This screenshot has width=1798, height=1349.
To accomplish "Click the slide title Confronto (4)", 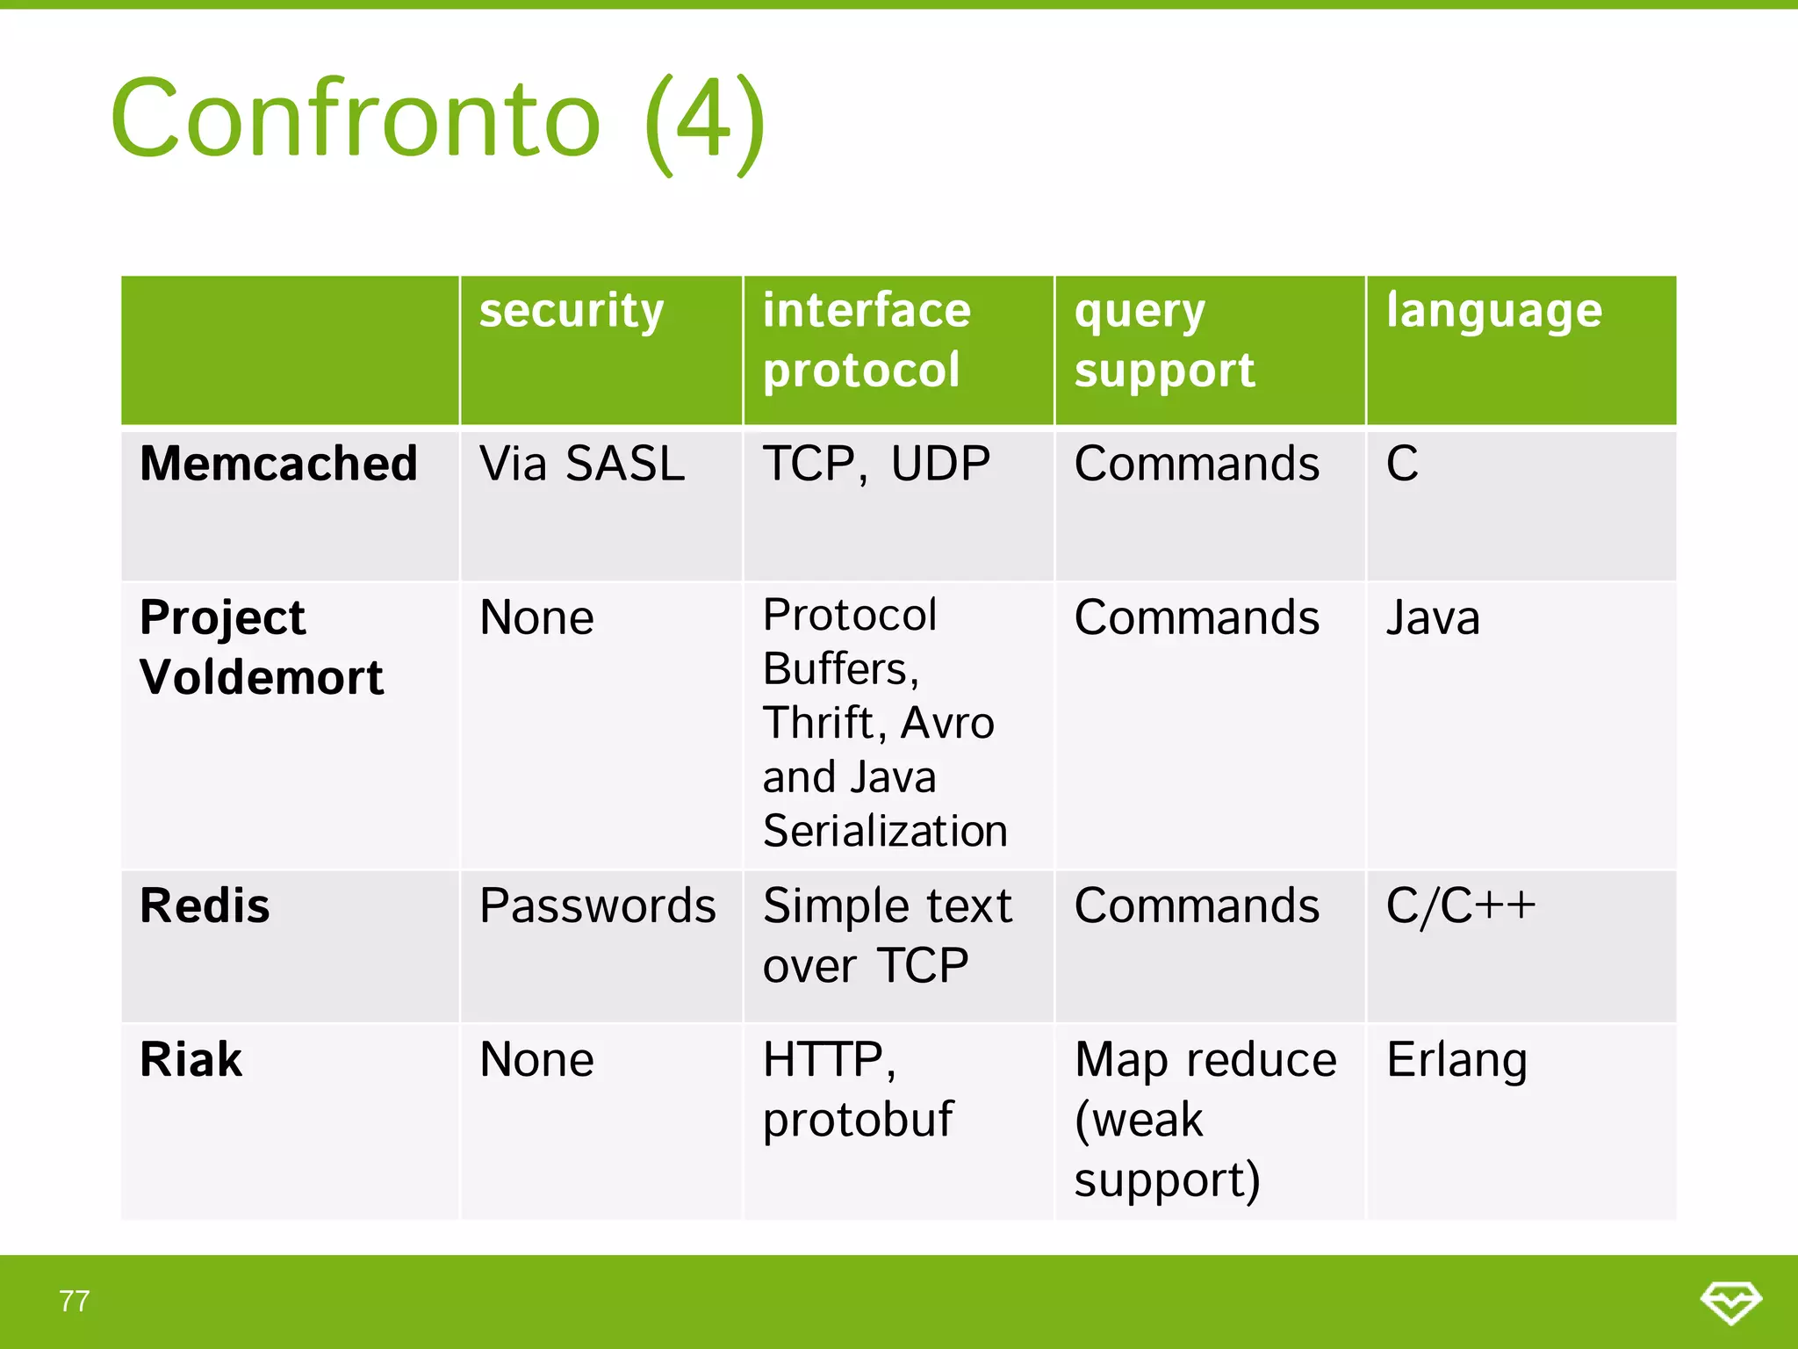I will (x=437, y=119).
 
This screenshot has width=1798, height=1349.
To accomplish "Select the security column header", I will (x=572, y=312).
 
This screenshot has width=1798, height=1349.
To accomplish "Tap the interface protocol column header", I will (x=867, y=340).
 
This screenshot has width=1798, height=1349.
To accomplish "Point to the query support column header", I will (x=1164, y=340).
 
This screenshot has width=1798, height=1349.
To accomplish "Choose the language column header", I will (x=1493, y=312).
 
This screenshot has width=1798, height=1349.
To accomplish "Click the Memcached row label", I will (x=278, y=464).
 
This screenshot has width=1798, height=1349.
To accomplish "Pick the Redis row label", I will (x=205, y=905).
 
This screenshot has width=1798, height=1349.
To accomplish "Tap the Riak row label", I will (x=191, y=1059).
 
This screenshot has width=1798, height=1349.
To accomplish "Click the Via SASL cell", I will (x=581, y=464).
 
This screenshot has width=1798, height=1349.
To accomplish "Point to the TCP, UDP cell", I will (x=875, y=464).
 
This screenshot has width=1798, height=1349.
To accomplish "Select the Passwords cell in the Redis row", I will (x=597, y=905).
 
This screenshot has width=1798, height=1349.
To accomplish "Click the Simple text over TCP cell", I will (x=887, y=935).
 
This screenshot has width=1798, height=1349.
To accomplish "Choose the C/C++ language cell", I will (x=1460, y=905).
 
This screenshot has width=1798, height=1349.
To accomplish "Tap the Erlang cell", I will (x=1456, y=1060).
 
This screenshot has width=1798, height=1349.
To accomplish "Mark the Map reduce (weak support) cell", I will (x=1205, y=1119).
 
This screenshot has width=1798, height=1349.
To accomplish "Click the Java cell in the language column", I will (x=1432, y=617).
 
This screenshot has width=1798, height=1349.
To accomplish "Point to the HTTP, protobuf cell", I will (x=857, y=1089).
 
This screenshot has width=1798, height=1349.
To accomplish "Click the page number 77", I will (x=75, y=1301).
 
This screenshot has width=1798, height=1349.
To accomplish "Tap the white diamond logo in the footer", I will (x=1730, y=1302).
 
